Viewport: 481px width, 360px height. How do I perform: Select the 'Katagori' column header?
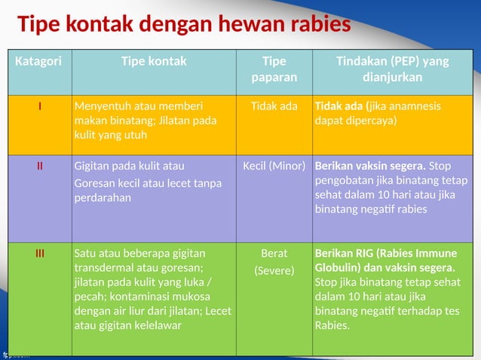[x=38, y=62]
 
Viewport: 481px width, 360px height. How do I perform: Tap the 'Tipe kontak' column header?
[x=154, y=62]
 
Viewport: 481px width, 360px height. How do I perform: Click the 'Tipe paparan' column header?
[x=274, y=69]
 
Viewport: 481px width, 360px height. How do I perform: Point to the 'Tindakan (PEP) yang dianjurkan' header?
[x=392, y=69]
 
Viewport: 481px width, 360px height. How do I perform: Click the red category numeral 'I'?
[x=40, y=106]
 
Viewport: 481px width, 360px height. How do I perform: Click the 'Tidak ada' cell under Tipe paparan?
[x=274, y=106]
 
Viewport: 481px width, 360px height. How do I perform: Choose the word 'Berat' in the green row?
[x=274, y=254]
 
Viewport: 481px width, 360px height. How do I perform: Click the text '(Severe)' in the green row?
[x=274, y=270]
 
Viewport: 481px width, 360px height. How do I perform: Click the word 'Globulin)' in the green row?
[x=339, y=268]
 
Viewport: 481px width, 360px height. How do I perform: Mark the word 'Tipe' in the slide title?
[x=40, y=25]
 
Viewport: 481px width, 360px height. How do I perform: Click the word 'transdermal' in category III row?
[x=104, y=268]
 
